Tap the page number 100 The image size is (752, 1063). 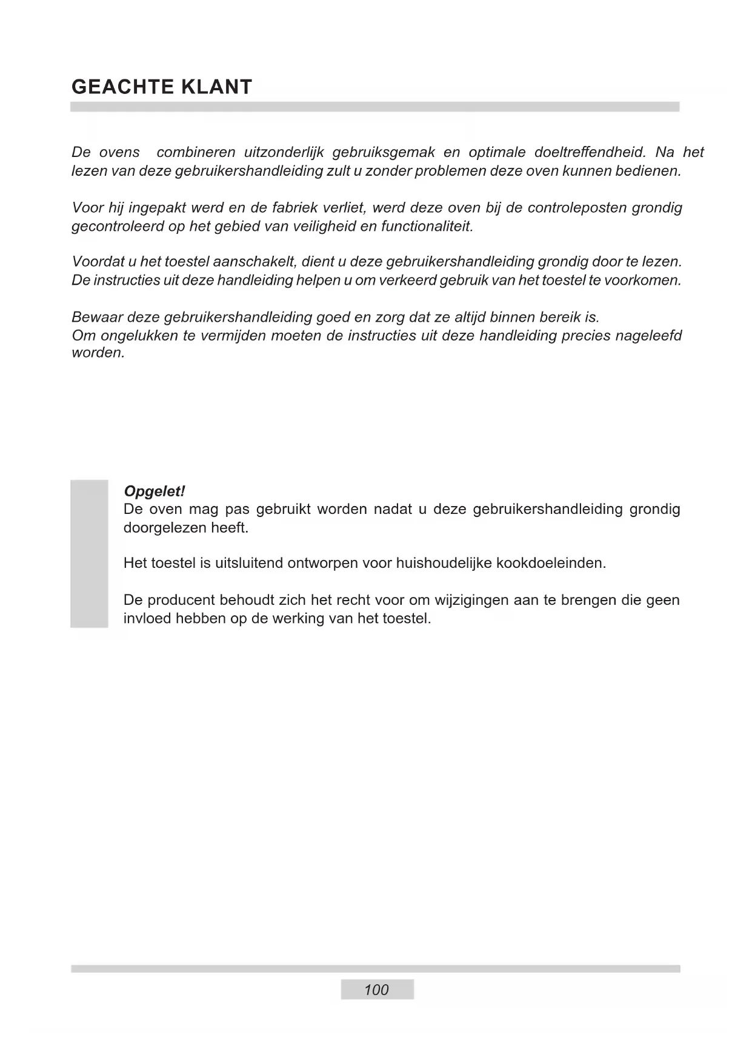pyautogui.click(x=376, y=990)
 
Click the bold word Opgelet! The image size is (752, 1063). pyautogui.click(x=154, y=491)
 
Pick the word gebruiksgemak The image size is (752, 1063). pyautogui.click(x=384, y=152)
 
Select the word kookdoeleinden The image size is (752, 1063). pyautogui.click(x=551, y=563)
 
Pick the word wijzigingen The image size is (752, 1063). pyautogui.click(x=471, y=600)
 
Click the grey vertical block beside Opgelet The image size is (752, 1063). pyautogui.click(x=89, y=553)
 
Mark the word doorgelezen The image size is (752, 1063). pyautogui.click(x=164, y=527)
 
